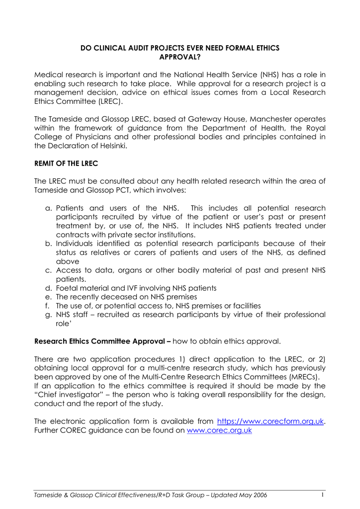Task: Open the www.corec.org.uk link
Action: [x=219, y=430]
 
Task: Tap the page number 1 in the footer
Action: [x=323, y=496]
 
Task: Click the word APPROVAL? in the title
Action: [x=180, y=57]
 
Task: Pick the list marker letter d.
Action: [x=48, y=288]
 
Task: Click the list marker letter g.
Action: [x=48, y=315]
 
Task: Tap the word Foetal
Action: [x=67, y=288]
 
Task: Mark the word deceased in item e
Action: [x=115, y=297]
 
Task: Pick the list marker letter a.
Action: [x=48, y=208]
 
